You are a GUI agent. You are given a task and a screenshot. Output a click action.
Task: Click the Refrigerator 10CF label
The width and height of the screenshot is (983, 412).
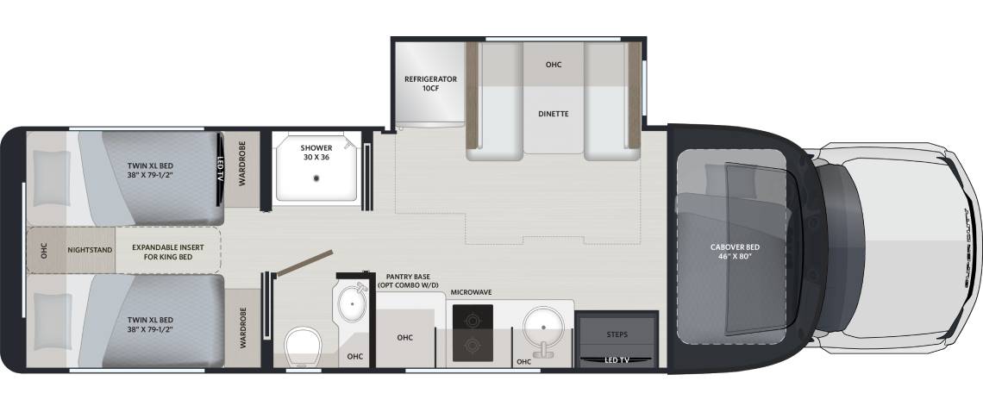430,84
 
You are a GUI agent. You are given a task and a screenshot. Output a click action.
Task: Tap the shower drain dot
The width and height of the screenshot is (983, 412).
316,178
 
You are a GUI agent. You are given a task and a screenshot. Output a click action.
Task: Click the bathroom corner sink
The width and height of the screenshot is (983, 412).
353,303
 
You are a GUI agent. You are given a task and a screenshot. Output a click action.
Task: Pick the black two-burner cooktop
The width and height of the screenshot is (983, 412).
472,333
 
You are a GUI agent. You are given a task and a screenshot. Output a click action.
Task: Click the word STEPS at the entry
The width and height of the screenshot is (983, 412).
617,334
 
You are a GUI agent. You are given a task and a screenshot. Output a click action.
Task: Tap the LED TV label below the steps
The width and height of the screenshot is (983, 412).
617,360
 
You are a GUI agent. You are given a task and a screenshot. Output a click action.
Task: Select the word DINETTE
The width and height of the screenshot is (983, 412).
553,114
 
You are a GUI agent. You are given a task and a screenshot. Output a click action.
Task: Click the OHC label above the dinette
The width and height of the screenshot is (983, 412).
553,65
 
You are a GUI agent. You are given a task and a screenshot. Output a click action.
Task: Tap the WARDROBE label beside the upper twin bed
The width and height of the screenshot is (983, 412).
242,163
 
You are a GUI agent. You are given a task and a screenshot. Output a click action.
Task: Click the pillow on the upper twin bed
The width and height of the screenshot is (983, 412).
52,178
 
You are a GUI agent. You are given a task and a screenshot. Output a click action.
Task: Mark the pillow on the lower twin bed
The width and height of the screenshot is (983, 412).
52,321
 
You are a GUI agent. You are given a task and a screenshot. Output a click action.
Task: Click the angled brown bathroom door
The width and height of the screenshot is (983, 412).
304,263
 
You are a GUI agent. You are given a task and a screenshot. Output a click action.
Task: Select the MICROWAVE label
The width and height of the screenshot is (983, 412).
471,292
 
